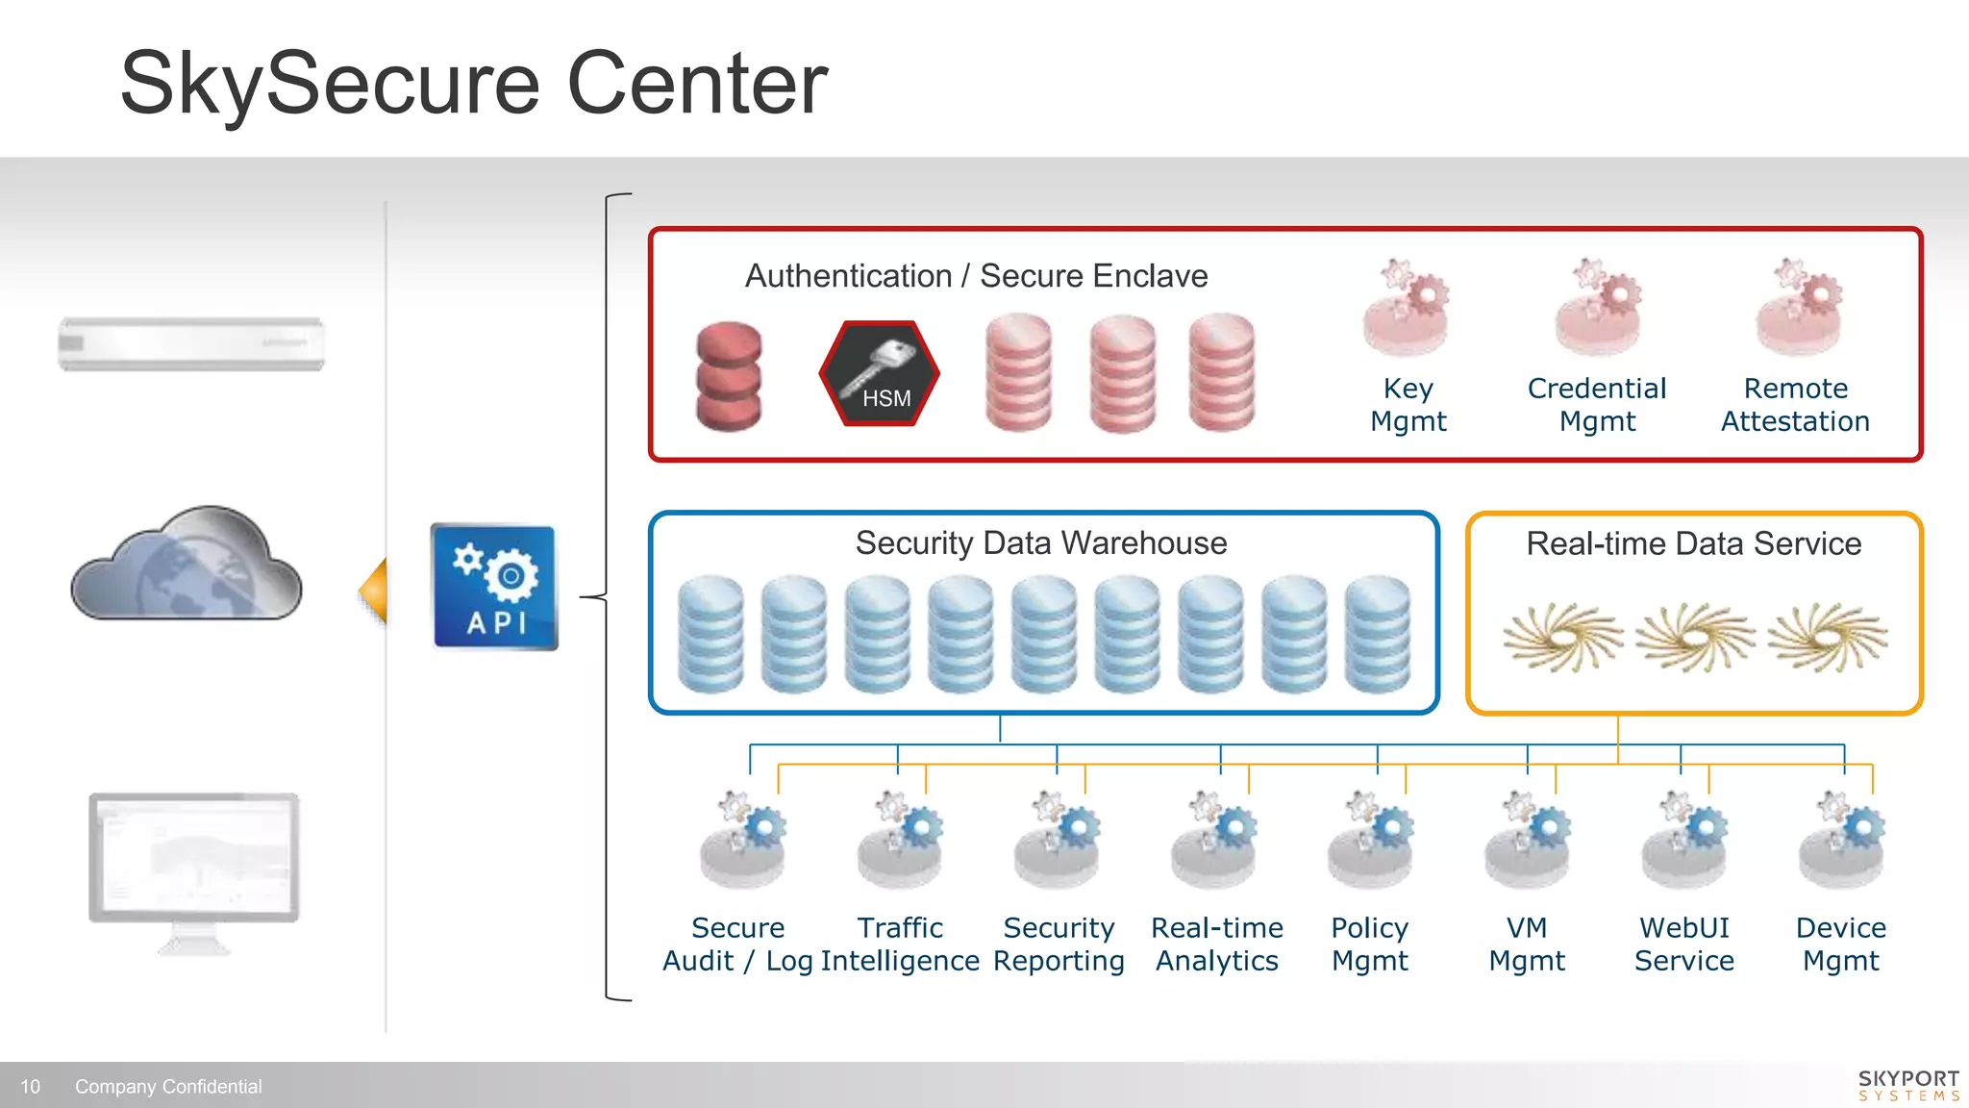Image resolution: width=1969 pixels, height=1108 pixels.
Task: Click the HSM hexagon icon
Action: point(879,374)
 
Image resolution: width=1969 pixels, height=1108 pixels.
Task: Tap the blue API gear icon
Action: point(495,587)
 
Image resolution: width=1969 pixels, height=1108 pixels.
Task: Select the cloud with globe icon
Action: point(187,566)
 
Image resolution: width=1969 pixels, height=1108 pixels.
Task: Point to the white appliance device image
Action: point(191,343)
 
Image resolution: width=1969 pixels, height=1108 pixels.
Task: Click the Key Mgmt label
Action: point(1408,404)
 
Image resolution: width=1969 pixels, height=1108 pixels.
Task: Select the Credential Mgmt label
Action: point(1596,404)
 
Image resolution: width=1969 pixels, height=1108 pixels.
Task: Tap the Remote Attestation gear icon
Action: point(1798,308)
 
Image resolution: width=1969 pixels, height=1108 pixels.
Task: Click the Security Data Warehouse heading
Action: point(1041,543)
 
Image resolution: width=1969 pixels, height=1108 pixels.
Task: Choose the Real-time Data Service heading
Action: point(1693,544)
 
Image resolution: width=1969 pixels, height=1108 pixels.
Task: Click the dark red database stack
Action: point(729,376)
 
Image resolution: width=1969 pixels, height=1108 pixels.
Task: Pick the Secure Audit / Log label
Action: point(737,944)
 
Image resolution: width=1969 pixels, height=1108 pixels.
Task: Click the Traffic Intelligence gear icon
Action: point(900,840)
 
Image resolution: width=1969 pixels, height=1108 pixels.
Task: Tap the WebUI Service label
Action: point(1683,944)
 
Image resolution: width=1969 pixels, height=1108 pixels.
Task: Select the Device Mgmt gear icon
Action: point(1841,840)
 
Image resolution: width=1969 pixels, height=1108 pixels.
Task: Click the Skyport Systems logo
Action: point(1907,1085)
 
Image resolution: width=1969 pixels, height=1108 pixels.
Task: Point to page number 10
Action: point(31,1087)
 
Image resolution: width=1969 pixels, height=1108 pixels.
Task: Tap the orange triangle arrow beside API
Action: point(375,591)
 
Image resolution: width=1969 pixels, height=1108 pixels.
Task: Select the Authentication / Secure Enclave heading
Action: point(976,276)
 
